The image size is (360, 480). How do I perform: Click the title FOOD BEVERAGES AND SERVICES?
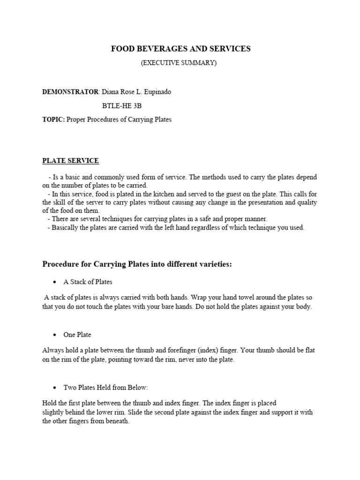click(x=180, y=49)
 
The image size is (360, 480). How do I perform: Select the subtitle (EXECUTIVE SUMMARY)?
click(x=179, y=63)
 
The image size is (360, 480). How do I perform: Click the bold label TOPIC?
click(x=53, y=120)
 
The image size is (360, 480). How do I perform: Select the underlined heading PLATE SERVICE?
click(x=71, y=161)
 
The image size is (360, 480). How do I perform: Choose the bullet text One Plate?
click(x=77, y=335)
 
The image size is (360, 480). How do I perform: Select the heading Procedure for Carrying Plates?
click(x=137, y=264)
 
